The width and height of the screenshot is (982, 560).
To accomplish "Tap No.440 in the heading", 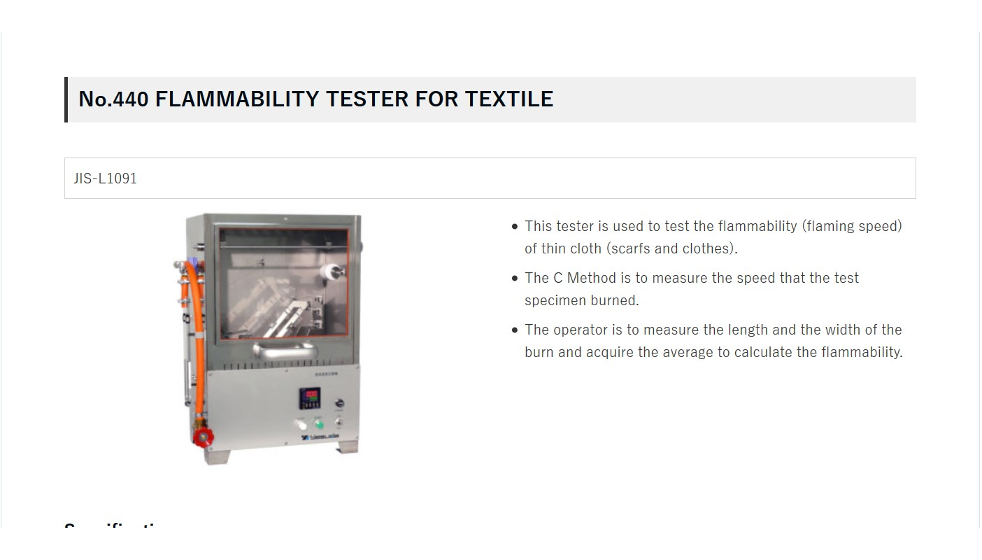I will coord(113,99).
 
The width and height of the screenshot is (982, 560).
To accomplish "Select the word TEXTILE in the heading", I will coord(509,99).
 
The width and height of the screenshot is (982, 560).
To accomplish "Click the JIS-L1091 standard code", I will coord(106,178).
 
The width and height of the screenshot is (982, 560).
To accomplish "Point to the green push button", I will coord(319,424).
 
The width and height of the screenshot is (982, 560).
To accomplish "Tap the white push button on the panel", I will coord(301,424).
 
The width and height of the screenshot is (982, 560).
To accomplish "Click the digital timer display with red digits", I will coord(310,398).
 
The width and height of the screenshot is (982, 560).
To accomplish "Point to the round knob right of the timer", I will coord(340,404).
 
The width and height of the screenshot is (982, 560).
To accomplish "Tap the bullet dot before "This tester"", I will coord(515,227).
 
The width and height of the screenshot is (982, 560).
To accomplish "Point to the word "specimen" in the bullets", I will coord(550,300).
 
